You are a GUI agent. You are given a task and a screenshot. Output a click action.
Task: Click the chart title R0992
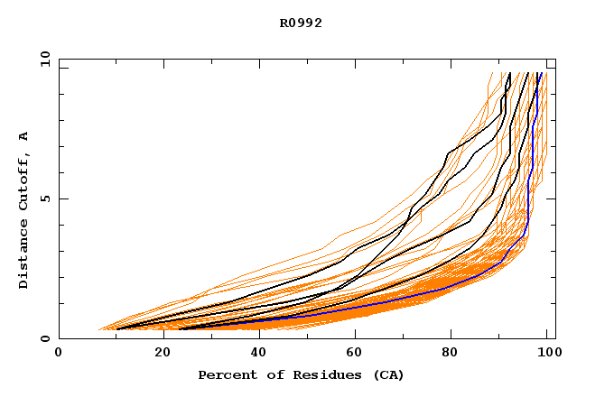pyautogui.click(x=301, y=23)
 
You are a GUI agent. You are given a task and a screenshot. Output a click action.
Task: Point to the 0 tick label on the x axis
pyautogui.click(x=59, y=353)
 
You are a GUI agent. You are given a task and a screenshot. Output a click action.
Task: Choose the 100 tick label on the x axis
pyautogui.click(x=546, y=353)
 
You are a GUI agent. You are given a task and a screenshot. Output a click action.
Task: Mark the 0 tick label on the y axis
pyautogui.click(x=46, y=339)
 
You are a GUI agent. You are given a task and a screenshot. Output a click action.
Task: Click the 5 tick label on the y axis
pyautogui.click(x=46, y=198)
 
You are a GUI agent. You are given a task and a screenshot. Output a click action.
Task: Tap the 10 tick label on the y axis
pyautogui.click(x=42, y=58)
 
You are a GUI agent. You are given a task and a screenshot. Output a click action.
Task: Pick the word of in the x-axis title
pyautogui.click(x=265, y=374)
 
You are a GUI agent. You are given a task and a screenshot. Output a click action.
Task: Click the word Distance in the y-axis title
pyautogui.click(x=24, y=255)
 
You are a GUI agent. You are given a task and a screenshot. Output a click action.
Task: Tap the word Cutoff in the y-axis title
pyautogui.click(x=24, y=181)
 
